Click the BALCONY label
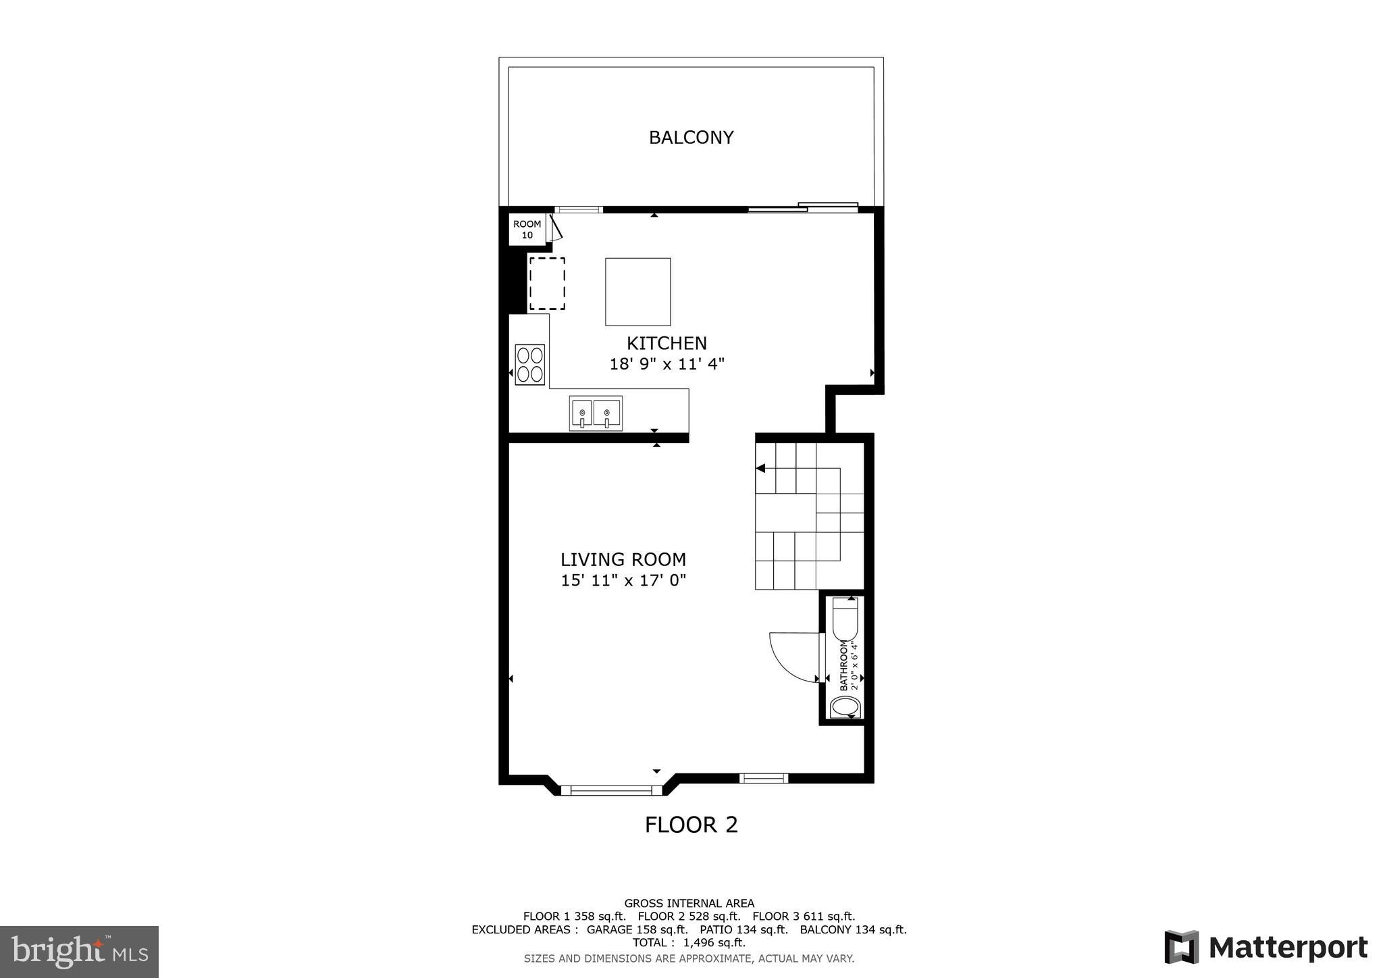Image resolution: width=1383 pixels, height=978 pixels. (691, 138)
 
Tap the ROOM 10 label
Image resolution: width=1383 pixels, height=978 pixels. (527, 230)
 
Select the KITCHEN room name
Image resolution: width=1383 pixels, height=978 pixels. (667, 343)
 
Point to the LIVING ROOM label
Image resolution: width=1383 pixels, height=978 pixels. (623, 560)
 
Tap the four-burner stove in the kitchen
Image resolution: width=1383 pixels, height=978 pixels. (529, 365)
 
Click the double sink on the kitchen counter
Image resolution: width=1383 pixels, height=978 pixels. (595, 413)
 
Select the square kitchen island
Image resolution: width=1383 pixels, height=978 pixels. (637, 292)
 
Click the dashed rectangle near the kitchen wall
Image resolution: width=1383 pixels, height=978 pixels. (546, 284)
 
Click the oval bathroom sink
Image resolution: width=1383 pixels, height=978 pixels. (844, 707)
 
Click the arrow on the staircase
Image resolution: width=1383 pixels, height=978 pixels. (760, 468)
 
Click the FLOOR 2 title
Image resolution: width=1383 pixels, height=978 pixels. (691, 825)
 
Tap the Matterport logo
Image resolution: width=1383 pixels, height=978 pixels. (1265, 947)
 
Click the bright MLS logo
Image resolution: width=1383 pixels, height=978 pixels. (79, 952)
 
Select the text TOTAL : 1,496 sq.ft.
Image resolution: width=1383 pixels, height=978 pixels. (689, 943)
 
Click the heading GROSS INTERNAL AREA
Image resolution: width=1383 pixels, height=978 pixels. (689, 903)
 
